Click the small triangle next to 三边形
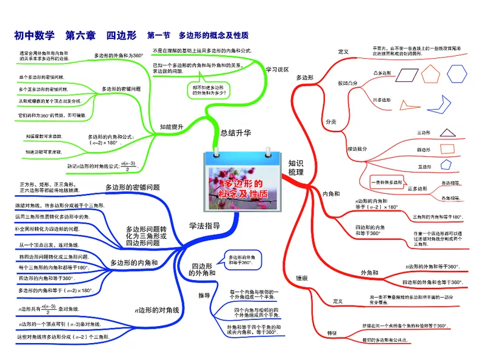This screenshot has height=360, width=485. point(448,133)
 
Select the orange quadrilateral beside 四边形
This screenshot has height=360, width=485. point(447,149)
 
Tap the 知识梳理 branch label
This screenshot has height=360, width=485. point(295,168)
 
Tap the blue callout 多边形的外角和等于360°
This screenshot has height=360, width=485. point(238,260)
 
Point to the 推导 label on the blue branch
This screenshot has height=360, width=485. point(204,296)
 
